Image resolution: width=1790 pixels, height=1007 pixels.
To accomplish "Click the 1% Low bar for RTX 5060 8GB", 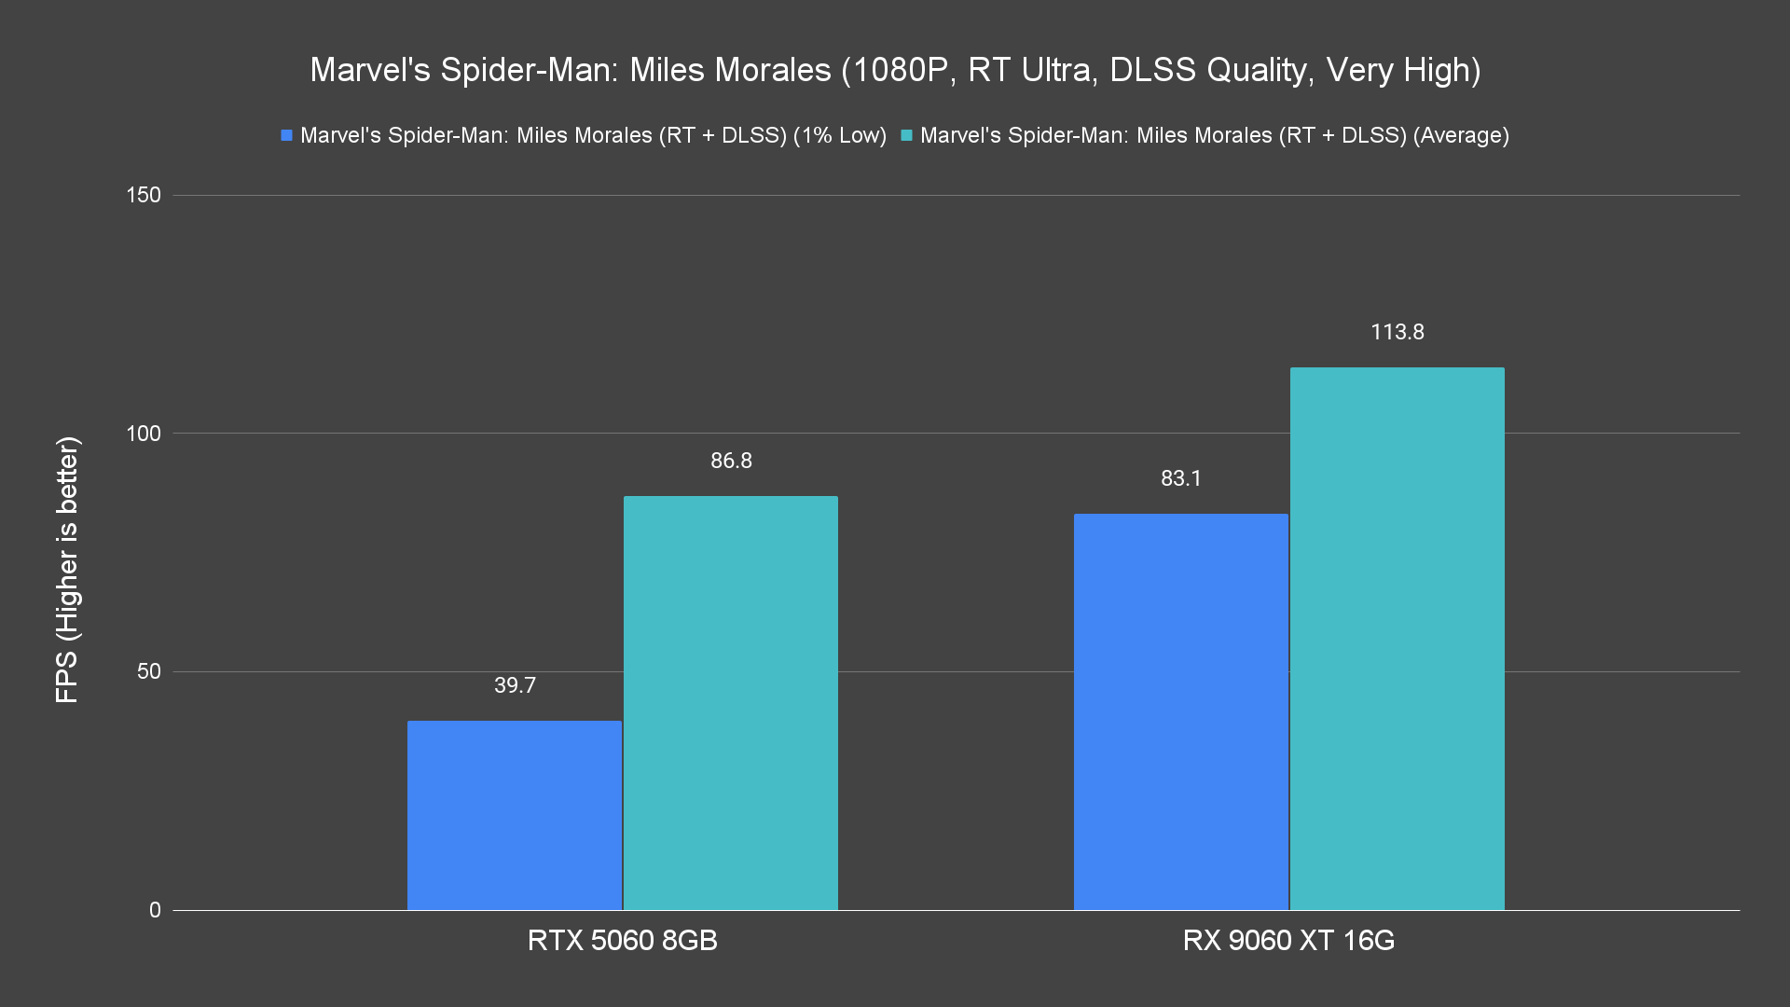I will coord(515,815).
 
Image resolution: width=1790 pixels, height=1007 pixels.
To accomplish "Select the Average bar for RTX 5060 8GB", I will coord(731,703).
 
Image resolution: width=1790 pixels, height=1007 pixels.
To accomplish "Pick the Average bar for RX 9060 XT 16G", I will coord(1398,639).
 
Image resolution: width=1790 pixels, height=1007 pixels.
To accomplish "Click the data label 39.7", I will coord(515,685).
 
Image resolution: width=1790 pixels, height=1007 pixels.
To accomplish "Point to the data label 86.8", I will coord(731,461).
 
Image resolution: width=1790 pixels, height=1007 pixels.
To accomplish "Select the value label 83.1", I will coord(1181,478).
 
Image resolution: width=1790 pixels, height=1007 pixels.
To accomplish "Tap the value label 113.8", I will coord(1398,332).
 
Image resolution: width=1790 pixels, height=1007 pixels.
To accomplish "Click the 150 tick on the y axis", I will coord(144,195).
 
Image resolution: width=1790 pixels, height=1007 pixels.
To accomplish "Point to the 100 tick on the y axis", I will coord(144,434).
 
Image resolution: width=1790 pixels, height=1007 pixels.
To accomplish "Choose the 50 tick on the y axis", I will coord(149,671).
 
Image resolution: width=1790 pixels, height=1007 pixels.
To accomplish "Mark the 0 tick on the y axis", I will coord(155,910).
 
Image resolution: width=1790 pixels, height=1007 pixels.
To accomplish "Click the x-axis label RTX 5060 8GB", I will coord(623,940).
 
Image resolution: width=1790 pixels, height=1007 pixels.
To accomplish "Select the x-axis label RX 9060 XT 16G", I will coord(1288,940).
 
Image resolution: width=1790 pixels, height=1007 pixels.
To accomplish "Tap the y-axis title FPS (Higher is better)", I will coord(67,569).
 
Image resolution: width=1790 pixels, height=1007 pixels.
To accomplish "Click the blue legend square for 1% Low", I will coord(287,135).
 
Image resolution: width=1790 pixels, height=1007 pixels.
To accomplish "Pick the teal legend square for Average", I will coord(906,135).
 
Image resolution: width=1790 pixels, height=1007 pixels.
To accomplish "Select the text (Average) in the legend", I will coord(1461,135).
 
